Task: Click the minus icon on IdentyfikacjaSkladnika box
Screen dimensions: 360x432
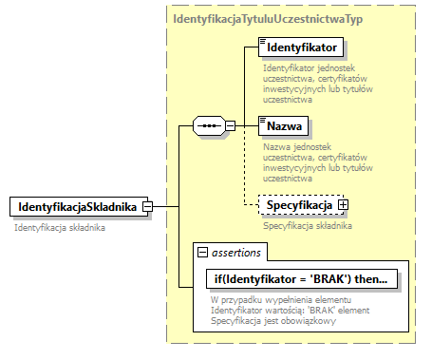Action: pyautogui.click(x=149, y=207)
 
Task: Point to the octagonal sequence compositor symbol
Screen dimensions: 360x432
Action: pyautogui.click(x=208, y=125)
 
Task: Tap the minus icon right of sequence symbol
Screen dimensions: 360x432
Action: pyautogui.click(x=230, y=125)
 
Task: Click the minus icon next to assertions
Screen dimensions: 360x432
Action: pyautogui.click(x=202, y=252)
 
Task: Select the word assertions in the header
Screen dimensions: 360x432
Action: pyautogui.click(x=238, y=252)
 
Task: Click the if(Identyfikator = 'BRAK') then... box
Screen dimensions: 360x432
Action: pyautogui.click(x=300, y=279)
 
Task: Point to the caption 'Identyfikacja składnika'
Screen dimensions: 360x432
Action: pyautogui.click(x=60, y=228)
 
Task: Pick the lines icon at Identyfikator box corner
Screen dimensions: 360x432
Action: pyautogui.click(x=261, y=40)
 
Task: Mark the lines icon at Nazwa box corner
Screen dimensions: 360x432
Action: pyautogui.click(x=261, y=119)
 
